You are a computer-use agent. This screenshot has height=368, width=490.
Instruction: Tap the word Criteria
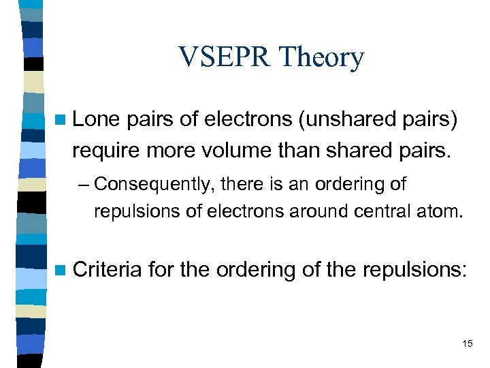[x=107, y=269]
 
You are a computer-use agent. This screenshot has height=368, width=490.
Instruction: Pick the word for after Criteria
[x=161, y=269]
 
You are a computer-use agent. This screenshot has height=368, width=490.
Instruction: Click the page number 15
[x=466, y=343]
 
